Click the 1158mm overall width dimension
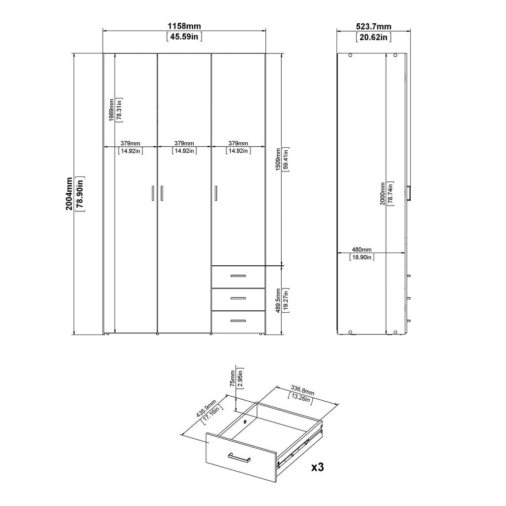pos(184,26)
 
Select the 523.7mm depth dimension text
pos(374,26)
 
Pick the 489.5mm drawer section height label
pos(279,300)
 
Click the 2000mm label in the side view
pos(382,194)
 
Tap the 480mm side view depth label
pos(362,250)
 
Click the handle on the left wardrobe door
pos(152,193)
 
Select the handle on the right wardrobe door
pos(216,193)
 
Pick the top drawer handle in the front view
pos(238,276)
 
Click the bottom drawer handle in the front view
pos(238,321)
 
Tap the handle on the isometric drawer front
pos(239,458)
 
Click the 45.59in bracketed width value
pos(184,37)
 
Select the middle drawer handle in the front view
pos(238,298)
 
